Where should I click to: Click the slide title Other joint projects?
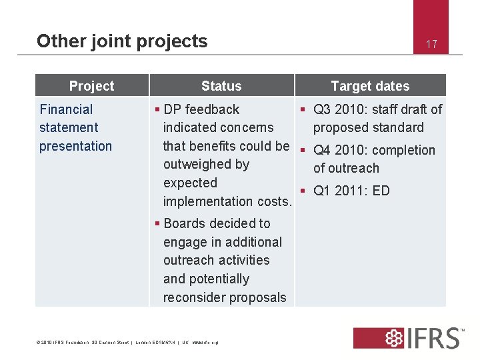point(122,41)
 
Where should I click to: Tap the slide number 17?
point(431,45)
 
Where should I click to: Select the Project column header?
point(91,86)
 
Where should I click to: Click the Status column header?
point(221,86)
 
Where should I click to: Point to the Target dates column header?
point(370,86)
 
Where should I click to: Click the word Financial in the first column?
point(66,109)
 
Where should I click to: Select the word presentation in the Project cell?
point(75,146)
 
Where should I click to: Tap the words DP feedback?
point(201,109)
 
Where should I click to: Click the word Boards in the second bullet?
point(184,223)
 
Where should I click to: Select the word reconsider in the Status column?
point(195,297)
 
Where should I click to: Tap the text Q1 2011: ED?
point(351,191)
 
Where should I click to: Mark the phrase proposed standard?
point(368,127)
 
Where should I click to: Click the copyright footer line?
point(126,343)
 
